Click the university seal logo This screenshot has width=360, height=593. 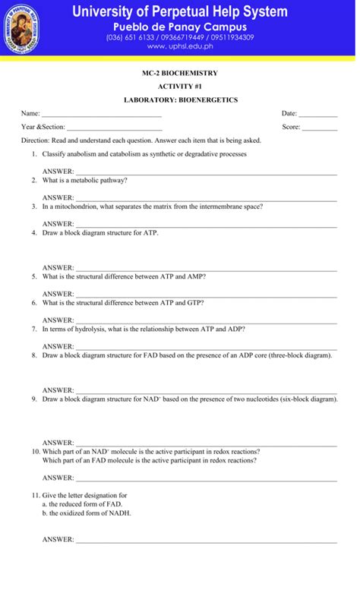pos(21,29)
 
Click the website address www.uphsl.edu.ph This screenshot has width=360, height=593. pos(180,46)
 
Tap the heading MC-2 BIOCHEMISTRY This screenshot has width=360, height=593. pos(180,73)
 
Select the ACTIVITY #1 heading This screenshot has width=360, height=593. pos(180,87)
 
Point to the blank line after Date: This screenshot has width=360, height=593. pos(318,115)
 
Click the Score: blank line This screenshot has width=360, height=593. pos(320,128)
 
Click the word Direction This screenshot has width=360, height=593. pos(35,140)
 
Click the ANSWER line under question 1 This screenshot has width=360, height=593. pos(205,173)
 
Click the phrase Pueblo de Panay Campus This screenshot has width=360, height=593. pos(180,27)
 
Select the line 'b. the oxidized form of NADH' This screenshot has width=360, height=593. pos(87,513)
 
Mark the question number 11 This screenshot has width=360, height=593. pos(35,495)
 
